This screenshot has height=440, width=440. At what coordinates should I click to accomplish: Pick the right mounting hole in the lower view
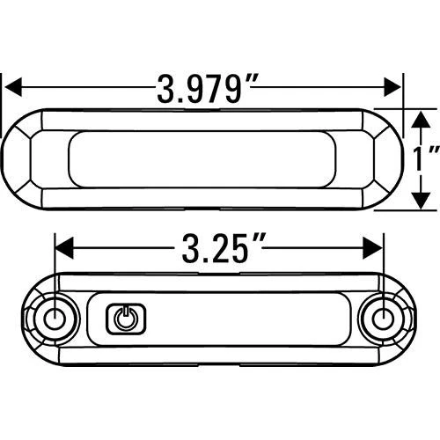point(385,318)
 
